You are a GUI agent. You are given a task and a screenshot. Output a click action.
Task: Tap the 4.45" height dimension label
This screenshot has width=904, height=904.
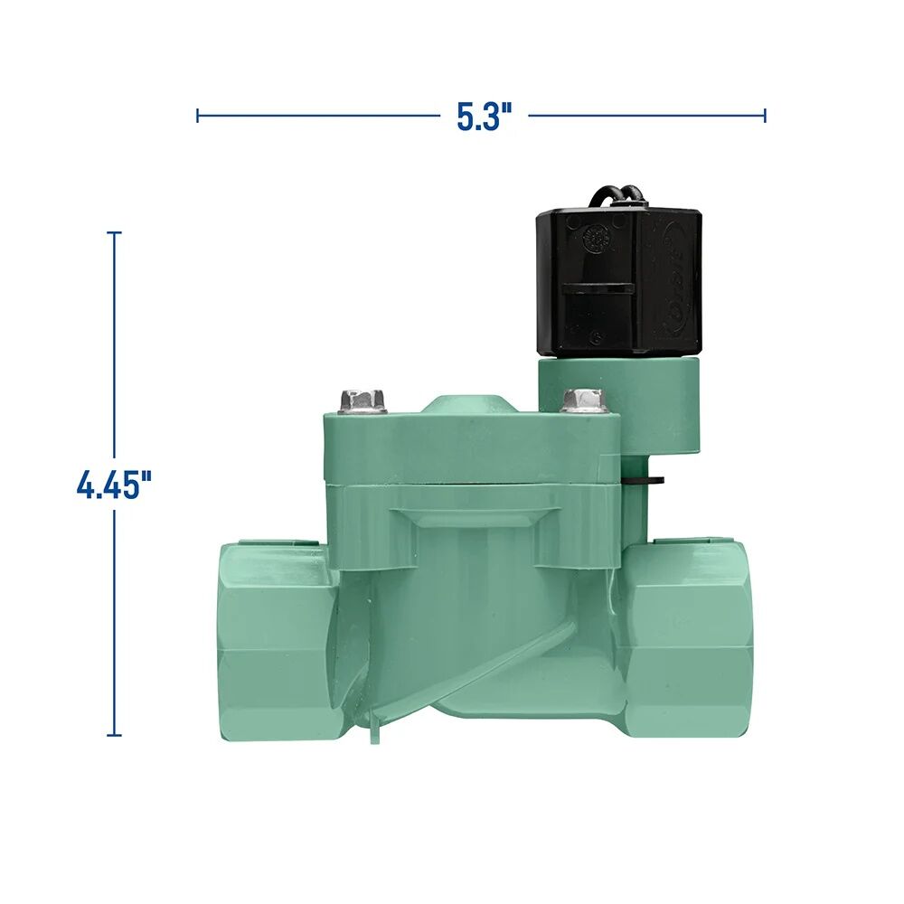pos(113,485)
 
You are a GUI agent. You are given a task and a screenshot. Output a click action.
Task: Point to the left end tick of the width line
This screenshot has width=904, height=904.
pos(198,115)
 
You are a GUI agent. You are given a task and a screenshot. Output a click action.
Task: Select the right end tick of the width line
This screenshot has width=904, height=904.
pos(765,115)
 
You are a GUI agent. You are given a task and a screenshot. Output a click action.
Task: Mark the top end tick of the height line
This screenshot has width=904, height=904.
pos(114,233)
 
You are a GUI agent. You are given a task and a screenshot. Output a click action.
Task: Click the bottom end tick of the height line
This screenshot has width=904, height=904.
pos(114,735)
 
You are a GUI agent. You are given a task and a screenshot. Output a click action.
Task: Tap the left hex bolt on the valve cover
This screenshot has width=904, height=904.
pos(363,400)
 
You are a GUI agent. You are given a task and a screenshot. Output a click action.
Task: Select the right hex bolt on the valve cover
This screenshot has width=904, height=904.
pos(583,400)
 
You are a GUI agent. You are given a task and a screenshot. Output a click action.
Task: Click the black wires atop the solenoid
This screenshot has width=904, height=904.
pos(617,196)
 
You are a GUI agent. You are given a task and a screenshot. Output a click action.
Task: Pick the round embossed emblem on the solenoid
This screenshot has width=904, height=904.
pos(594,240)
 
